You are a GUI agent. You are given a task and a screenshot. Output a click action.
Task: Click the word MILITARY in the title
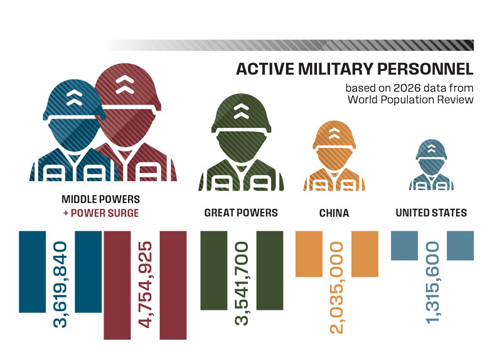[336, 69]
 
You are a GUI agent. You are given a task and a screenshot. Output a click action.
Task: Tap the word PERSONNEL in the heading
[425, 69]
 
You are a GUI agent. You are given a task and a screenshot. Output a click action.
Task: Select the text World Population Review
[411, 99]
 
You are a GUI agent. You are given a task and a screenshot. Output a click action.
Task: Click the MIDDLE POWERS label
[101, 199]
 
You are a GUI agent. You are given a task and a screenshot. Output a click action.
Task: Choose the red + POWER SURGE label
[101, 213]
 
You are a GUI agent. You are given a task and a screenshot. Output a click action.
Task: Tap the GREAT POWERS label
[241, 213]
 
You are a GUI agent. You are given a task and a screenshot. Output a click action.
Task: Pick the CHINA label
[334, 213]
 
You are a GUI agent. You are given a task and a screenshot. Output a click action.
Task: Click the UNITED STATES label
[431, 213]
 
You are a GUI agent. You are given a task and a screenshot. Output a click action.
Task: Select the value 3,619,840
[60, 285]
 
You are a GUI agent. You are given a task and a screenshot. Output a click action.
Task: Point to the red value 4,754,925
[145, 285]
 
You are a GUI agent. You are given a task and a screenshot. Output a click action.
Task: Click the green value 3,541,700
[242, 283]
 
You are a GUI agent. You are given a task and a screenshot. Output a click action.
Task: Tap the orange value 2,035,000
[336, 288]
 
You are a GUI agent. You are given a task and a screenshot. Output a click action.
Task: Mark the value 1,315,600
[432, 283]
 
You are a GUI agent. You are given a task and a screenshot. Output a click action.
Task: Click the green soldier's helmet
[242, 114]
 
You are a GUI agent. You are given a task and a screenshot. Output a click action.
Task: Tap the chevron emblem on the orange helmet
[334, 133]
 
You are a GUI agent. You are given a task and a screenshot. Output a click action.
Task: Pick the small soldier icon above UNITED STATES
[431, 164]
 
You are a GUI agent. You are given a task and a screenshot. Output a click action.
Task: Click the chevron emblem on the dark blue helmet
[74, 97]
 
